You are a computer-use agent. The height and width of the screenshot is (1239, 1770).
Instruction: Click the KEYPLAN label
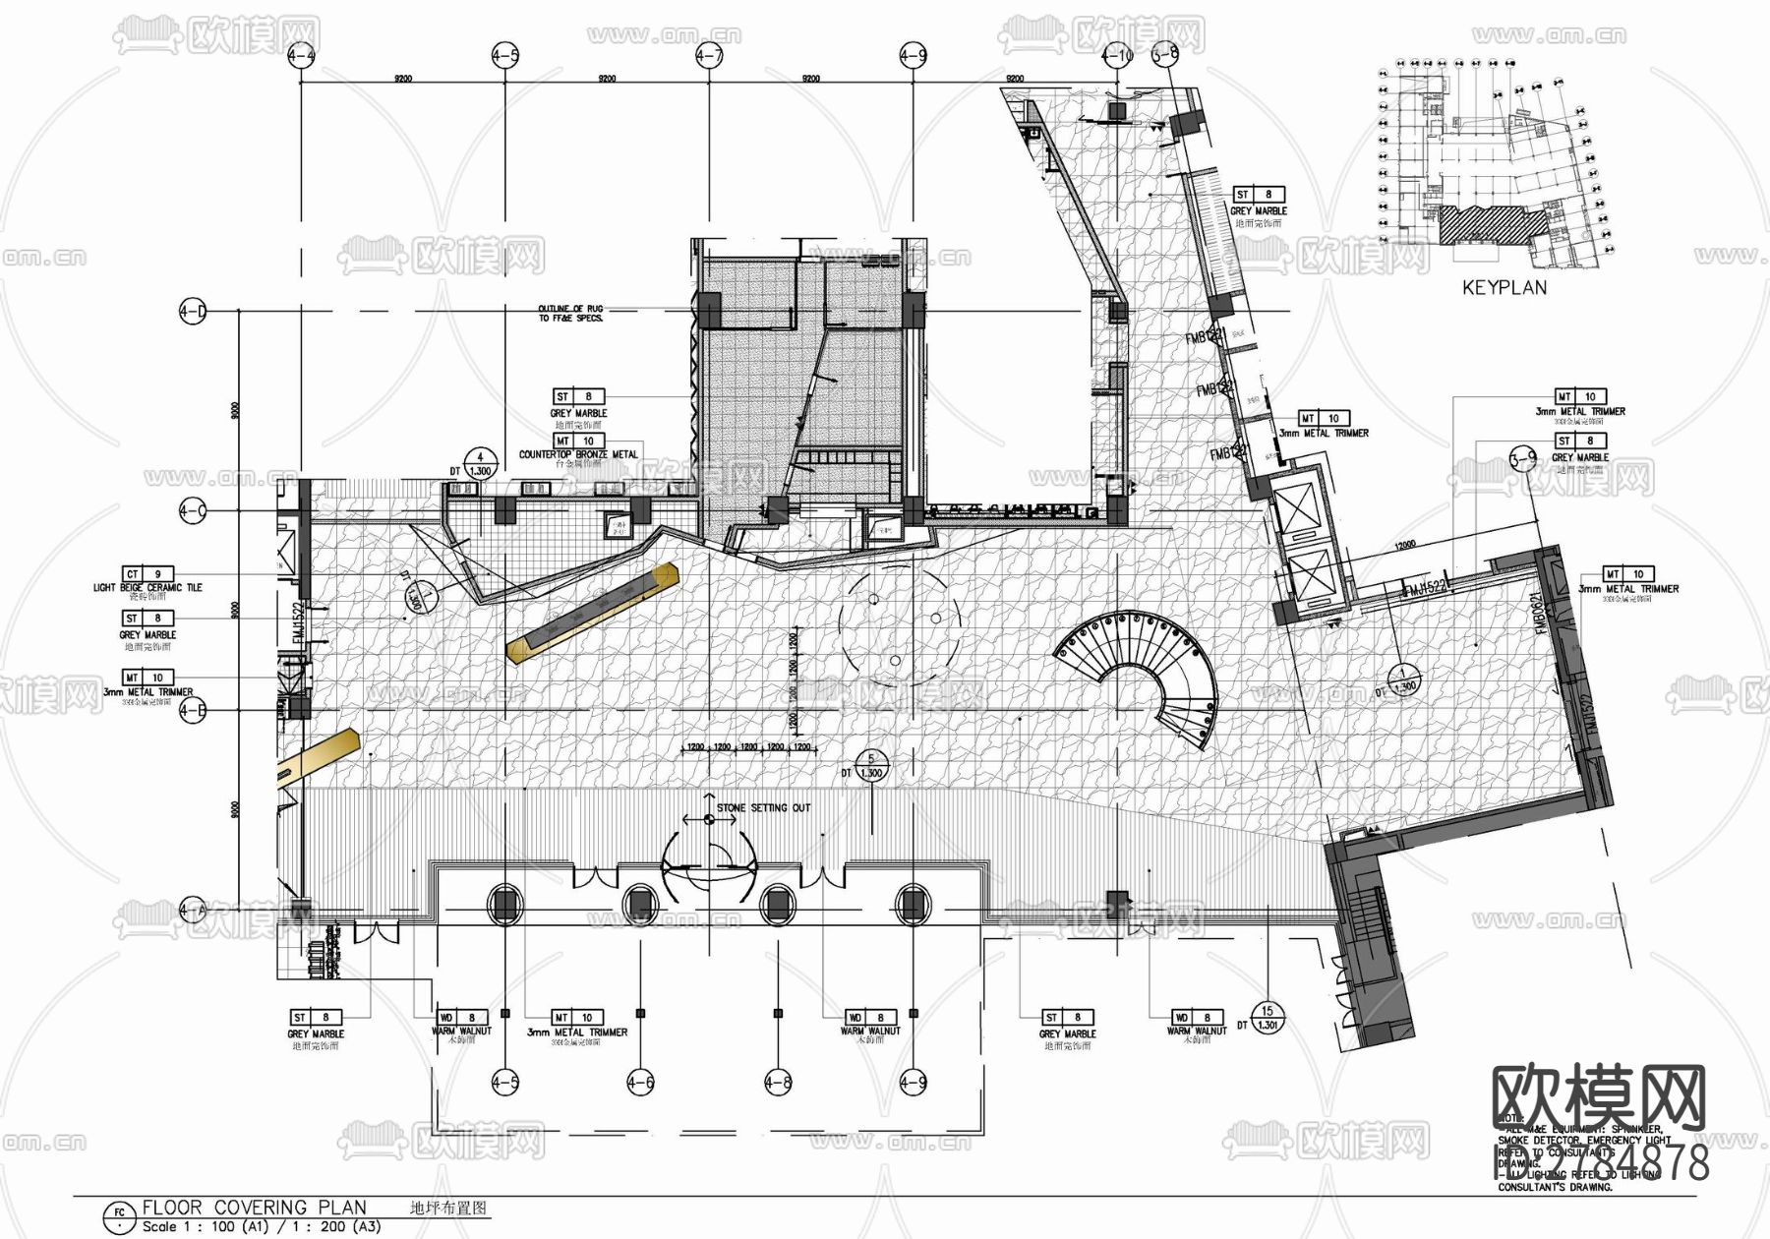(x=1504, y=288)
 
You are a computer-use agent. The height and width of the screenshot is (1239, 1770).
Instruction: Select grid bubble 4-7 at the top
(x=709, y=56)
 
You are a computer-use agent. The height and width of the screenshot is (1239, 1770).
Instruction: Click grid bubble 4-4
(x=301, y=56)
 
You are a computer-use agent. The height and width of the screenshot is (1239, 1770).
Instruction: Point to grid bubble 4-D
(x=193, y=313)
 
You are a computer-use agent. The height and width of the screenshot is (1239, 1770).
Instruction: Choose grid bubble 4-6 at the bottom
(x=640, y=1083)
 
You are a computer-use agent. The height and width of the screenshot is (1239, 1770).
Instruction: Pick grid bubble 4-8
(x=778, y=1083)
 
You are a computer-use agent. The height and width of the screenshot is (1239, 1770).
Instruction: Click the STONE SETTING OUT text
(x=763, y=808)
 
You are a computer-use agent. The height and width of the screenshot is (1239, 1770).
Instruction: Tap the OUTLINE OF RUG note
(x=570, y=314)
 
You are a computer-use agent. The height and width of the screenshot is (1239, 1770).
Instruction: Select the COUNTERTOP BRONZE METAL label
(x=578, y=454)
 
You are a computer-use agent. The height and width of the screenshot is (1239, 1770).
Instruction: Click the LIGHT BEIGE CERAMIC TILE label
(x=147, y=587)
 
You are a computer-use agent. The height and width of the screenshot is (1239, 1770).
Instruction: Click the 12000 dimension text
(x=1407, y=544)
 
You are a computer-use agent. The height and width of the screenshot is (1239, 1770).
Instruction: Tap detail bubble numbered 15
(x=1268, y=1010)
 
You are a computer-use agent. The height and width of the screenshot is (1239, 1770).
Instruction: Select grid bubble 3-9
(x=1522, y=458)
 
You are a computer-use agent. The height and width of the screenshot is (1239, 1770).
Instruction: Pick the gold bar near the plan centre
(x=593, y=611)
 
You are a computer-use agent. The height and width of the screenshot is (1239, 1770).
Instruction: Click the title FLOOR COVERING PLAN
(x=254, y=1208)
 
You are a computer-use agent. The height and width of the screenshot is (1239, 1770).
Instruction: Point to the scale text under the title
(x=261, y=1226)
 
